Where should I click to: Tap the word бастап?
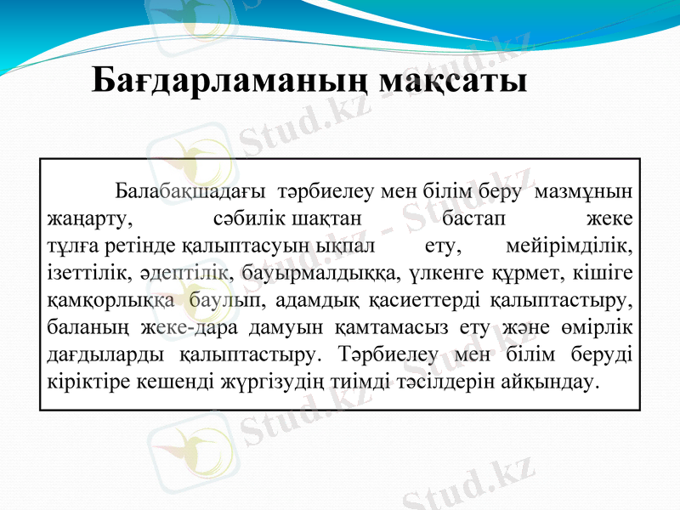click(473, 217)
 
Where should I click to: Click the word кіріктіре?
click(80, 382)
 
